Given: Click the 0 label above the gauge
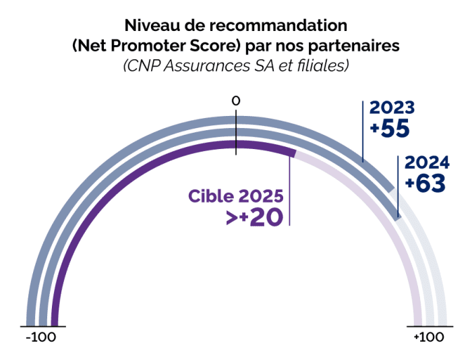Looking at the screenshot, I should point(236,101).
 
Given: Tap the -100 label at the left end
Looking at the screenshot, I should point(40,337).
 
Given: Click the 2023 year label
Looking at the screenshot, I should point(391,108).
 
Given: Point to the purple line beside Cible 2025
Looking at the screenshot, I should point(289,196).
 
